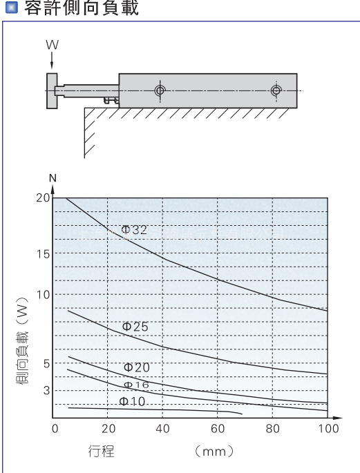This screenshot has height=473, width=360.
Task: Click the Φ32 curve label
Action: pyautogui.click(x=134, y=230)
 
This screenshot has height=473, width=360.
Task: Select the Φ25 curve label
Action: pyautogui.click(x=135, y=327)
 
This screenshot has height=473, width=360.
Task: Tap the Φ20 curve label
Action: pyautogui.click(x=137, y=367)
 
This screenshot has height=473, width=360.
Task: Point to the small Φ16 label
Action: pyautogui.click(x=136, y=385)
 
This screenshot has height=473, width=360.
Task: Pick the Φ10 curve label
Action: pyautogui.click(x=132, y=401)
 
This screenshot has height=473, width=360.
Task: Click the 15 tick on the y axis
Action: pyautogui.click(x=43, y=254)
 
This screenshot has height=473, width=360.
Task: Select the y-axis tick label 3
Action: pyautogui.click(x=46, y=390)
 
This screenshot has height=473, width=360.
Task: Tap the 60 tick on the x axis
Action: pyautogui.click(x=218, y=429)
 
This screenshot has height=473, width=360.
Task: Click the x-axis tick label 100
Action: pyautogui.click(x=329, y=429)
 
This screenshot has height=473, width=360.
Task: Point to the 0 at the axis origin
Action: pyautogui.click(x=55, y=429)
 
